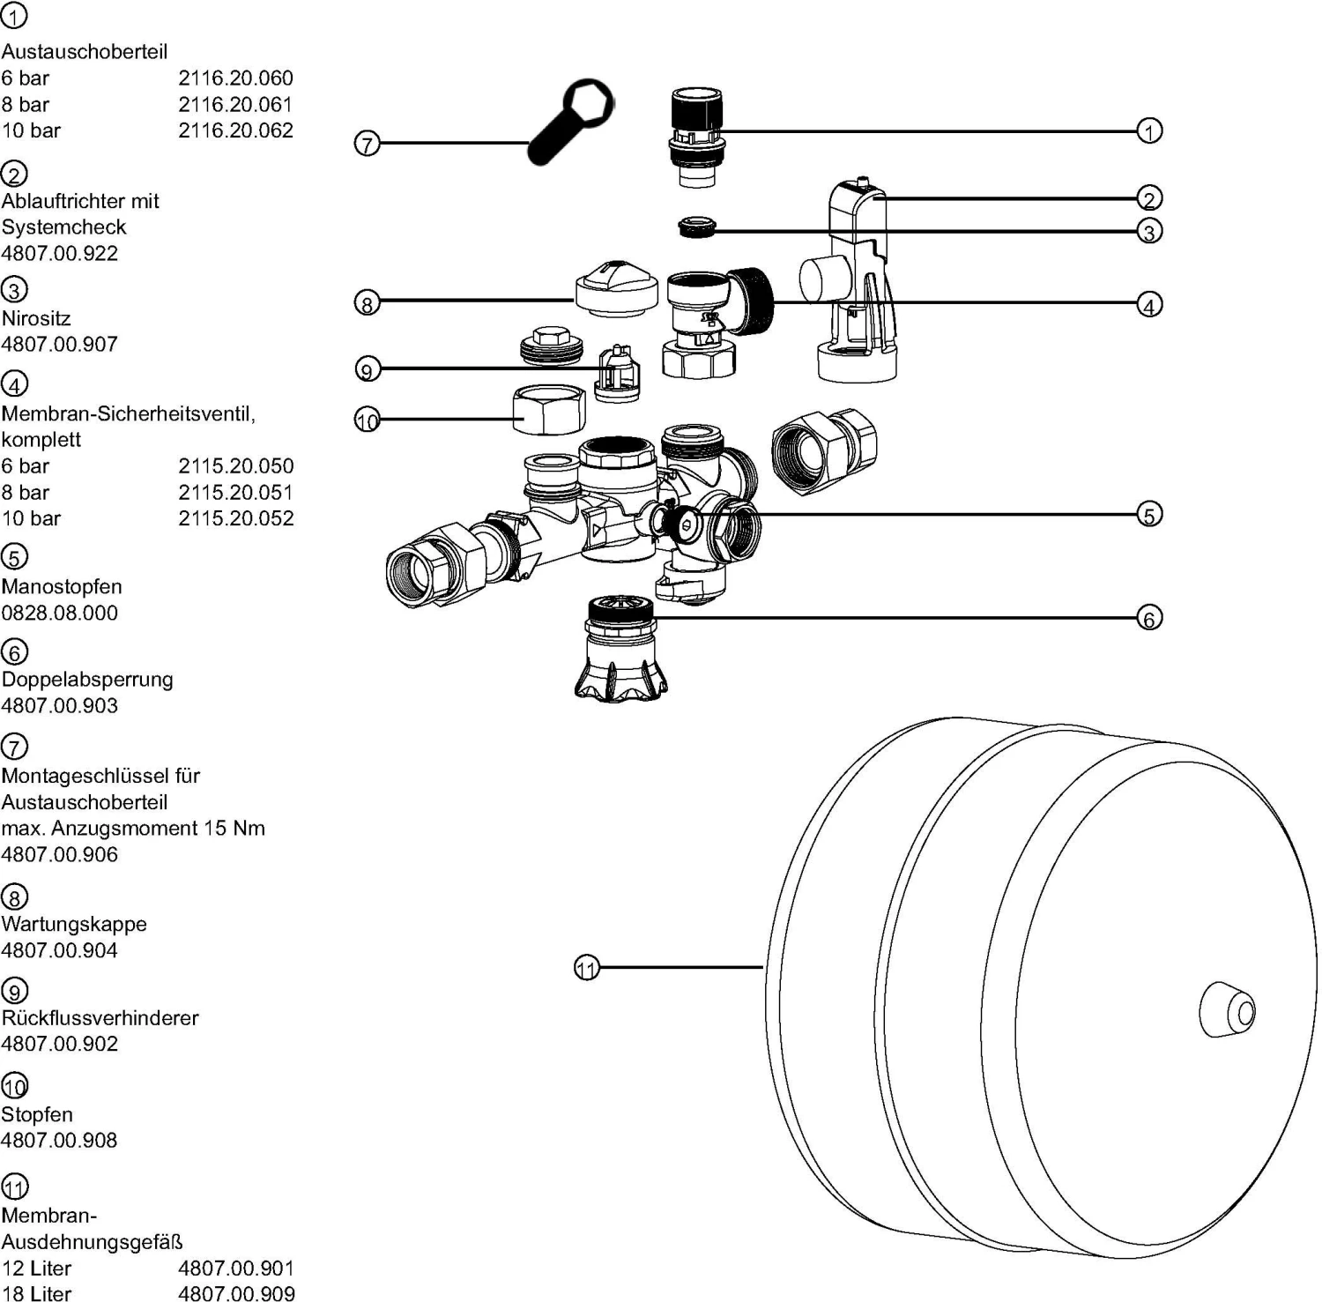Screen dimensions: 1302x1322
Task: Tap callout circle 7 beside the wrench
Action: point(367,144)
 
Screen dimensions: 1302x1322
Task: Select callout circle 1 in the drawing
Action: point(1149,131)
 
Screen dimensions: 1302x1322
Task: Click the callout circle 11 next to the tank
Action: point(587,968)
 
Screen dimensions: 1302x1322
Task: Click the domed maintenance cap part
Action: point(616,286)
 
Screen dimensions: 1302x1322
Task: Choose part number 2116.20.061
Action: point(235,104)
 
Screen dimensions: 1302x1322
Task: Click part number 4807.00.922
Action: point(60,253)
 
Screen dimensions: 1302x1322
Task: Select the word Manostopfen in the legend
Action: point(62,586)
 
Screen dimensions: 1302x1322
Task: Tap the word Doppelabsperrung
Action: point(87,680)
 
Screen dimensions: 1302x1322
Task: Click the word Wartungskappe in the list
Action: point(74,924)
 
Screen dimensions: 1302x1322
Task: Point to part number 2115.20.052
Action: point(235,518)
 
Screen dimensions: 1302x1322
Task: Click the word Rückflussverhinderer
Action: point(100,1017)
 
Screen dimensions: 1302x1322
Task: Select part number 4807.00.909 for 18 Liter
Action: point(236,1293)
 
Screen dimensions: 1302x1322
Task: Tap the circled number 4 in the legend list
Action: point(15,384)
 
